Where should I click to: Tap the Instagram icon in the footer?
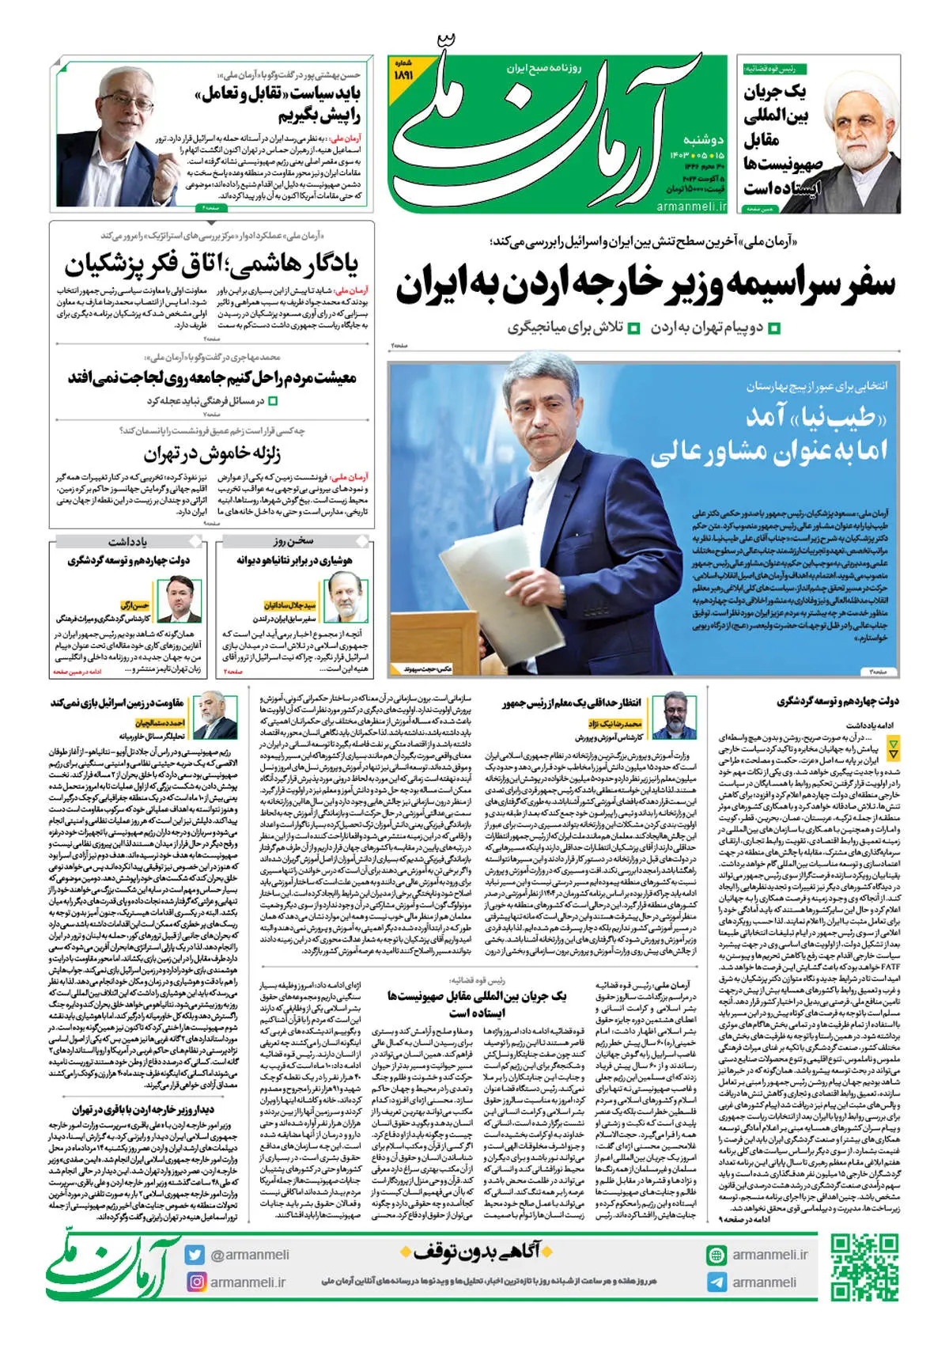pos(195,1281)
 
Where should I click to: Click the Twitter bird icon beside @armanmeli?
pos(195,1254)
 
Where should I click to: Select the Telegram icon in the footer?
pos(716,1282)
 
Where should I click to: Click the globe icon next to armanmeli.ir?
pos(716,1255)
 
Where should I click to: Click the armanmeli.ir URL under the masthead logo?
pos(691,206)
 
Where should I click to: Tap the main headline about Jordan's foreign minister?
pos(645,286)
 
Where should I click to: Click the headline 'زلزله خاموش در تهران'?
pos(212,454)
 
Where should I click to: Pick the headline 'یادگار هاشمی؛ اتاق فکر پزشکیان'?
pos(211,264)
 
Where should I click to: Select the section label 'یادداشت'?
pos(127,542)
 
